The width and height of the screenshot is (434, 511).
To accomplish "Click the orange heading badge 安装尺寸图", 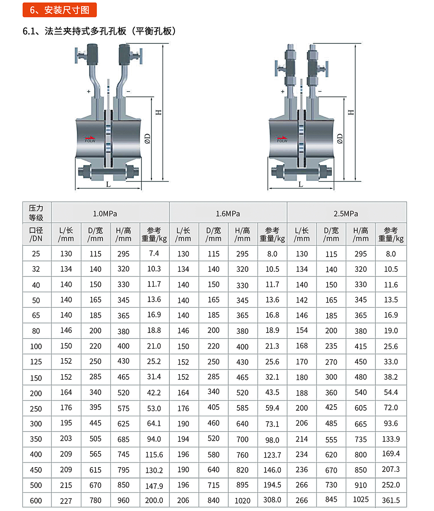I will coord(59,10).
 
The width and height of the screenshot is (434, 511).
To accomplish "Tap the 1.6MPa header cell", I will coord(228,214).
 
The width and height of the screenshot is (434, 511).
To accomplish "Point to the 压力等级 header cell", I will coord(36,213).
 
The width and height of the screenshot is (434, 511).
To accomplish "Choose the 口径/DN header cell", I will coord(36,234).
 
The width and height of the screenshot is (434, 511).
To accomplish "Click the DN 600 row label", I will coord(36,501).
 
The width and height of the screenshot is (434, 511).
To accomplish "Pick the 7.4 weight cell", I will coord(154,254).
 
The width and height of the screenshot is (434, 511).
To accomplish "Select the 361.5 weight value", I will coord(391,500).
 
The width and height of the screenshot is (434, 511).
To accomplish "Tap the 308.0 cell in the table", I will coord(272,500).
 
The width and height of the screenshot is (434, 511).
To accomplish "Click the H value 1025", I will coord(361,500).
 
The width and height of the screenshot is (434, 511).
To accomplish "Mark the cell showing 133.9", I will coord(391,439).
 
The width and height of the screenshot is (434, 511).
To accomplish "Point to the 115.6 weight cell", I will coord(154,455).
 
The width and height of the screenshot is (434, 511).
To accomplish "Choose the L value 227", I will coord(66,500).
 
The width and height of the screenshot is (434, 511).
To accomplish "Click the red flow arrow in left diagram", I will coord(90,137).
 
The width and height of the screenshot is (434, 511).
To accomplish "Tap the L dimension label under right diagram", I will coord(300,185).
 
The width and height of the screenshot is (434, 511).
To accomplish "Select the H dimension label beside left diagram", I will coord(159,112).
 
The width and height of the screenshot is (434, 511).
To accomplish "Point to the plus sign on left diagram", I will coord(89,92).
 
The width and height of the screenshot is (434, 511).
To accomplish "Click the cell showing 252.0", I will coord(391,485).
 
